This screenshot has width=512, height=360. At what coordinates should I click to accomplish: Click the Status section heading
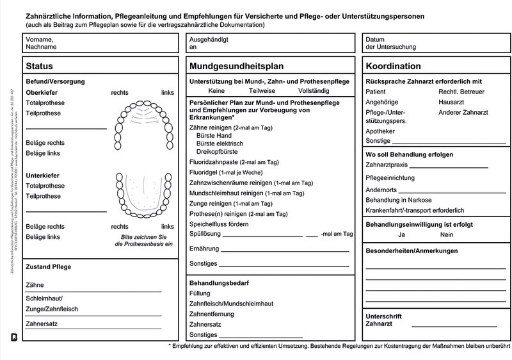(x=40, y=66)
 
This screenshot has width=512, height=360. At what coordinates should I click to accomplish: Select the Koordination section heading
(x=393, y=66)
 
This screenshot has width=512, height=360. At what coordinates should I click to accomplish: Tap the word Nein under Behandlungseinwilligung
(x=447, y=235)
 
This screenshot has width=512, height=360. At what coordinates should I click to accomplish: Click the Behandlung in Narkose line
(x=399, y=200)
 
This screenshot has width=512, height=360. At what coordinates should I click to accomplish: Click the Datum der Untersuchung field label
(x=390, y=43)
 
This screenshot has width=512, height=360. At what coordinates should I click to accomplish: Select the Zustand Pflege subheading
(x=48, y=266)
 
